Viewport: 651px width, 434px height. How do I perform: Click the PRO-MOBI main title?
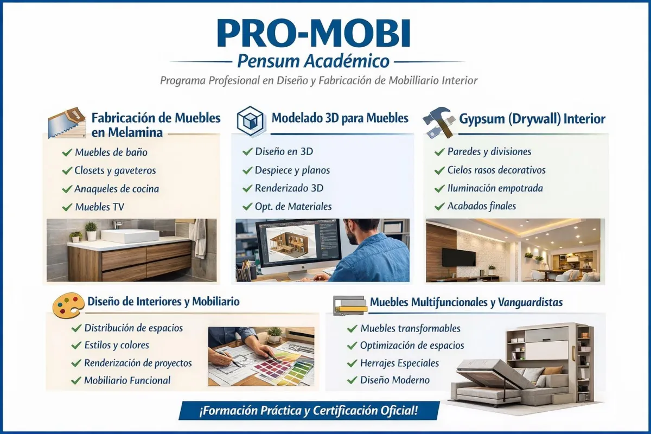(314, 33)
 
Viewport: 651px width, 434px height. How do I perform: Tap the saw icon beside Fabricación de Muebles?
(67, 123)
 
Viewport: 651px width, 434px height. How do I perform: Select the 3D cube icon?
(250, 121)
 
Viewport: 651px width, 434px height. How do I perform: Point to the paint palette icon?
(68, 305)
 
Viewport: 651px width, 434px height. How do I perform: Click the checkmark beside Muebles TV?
(67, 207)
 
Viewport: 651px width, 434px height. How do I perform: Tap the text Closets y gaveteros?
(115, 171)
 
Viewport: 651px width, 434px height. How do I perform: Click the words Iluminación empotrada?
(495, 188)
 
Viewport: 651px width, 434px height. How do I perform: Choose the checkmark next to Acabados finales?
(439, 206)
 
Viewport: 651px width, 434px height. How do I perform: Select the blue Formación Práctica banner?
(309, 411)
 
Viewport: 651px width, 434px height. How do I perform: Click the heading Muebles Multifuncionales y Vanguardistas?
(466, 303)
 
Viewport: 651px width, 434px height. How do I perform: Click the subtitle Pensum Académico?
(314, 61)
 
